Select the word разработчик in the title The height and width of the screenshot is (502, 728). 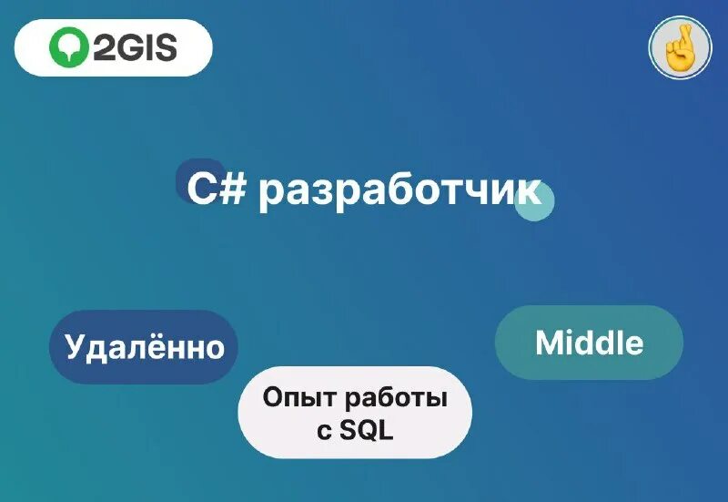coord(399,192)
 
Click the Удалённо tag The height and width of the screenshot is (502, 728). coord(144,347)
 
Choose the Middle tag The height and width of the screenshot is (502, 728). coord(589,343)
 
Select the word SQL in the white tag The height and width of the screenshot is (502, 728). coord(367,430)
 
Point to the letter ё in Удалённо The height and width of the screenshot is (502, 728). coord(159,346)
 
